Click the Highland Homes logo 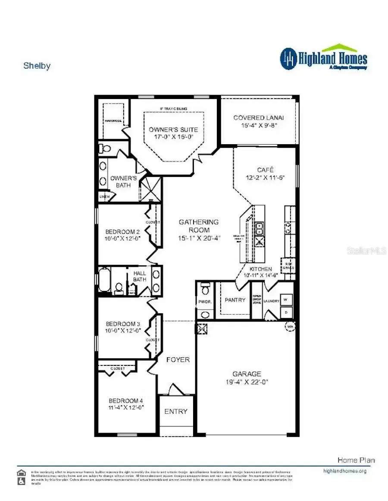[x=323, y=58]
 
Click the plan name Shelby [x=37, y=66]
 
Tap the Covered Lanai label [x=259, y=118]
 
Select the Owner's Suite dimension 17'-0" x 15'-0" [x=173, y=137]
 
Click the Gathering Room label [x=199, y=222]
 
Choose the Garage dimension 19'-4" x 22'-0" [x=247, y=382]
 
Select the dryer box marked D [x=286, y=311]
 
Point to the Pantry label [x=235, y=300]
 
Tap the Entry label [x=176, y=411]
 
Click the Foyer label [x=178, y=359]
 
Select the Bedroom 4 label [x=125, y=400]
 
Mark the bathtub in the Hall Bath [x=104, y=280]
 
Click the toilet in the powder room [x=205, y=286]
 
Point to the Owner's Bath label [x=123, y=181]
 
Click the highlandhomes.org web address [x=344, y=471]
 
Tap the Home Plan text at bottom [x=356, y=460]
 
